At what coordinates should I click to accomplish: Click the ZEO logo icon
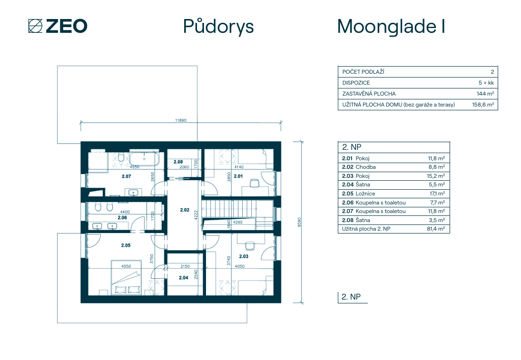pyautogui.click(x=35, y=26)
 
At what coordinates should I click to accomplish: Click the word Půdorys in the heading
pyautogui.click(x=218, y=27)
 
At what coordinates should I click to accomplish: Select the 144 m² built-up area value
pyautogui.click(x=485, y=94)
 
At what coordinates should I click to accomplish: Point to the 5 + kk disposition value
pyautogui.click(x=486, y=83)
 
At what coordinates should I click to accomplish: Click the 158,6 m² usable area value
pyautogui.click(x=483, y=105)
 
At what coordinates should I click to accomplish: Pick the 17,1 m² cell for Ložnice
pyautogui.click(x=437, y=194)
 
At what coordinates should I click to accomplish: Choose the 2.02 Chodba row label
pyautogui.click(x=359, y=167)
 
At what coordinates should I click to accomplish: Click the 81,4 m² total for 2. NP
pyautogui.click(x=436, y=229)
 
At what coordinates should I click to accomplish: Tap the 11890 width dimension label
pyautogui.click(x=181, y=120)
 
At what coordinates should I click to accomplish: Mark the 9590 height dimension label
pyautogui.click(x=299, y=222)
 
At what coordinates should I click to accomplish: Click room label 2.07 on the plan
pyautogui.click(x=126, y=176)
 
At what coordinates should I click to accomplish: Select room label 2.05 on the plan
pyautogui.click(x=126, y=245)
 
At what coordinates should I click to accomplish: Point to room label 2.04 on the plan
pyautogui.click(x=183, y=278)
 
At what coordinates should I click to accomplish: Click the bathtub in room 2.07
pyautogui.click(x=144, y=159)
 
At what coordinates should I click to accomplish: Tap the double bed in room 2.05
pyautogui.click(x=126, y=277)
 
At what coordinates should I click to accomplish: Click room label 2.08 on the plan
pyautogui.click(x=178, y=162)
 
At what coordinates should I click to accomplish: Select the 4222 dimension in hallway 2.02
pyautogui.click(x=196, y=215)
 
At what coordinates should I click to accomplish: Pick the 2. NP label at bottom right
pyautogui.click(x=351, y=297)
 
